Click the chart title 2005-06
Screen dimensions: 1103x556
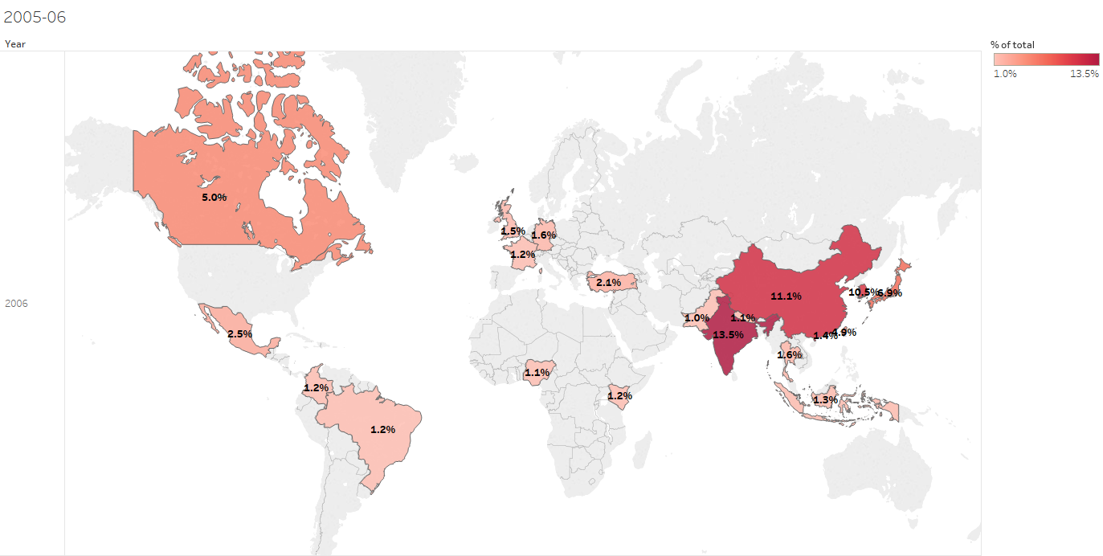point(35,17)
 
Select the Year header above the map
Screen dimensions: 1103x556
point(14,44)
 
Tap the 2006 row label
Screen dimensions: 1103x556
point(17,304)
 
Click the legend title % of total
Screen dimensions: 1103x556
point(1012,45)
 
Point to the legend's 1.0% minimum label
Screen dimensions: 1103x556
point(1005,74)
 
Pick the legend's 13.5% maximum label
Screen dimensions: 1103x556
point(1085,74)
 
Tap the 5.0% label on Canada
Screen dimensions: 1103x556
point(214,197)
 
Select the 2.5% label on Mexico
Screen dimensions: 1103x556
point(239,333)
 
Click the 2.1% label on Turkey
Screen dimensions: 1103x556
point(608,283)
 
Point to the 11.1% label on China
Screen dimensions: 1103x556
point(786,296)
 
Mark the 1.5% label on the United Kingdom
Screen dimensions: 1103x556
point(513,231)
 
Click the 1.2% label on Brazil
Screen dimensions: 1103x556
point(382,430)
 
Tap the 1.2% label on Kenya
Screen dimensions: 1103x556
point(619,396)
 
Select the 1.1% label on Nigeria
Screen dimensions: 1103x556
point(537,373)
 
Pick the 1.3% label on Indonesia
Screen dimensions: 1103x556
point(825,400)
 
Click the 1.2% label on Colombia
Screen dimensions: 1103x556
point(316,388)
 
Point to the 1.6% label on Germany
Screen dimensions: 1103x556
point(544,235)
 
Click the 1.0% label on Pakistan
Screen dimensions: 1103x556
point(697,318)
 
